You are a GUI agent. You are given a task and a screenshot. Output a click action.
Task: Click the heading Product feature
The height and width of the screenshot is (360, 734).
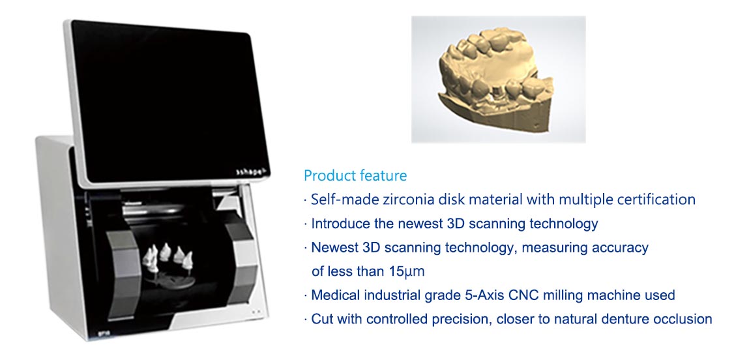355,175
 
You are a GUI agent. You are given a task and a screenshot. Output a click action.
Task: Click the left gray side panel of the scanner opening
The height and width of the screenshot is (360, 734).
123,271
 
